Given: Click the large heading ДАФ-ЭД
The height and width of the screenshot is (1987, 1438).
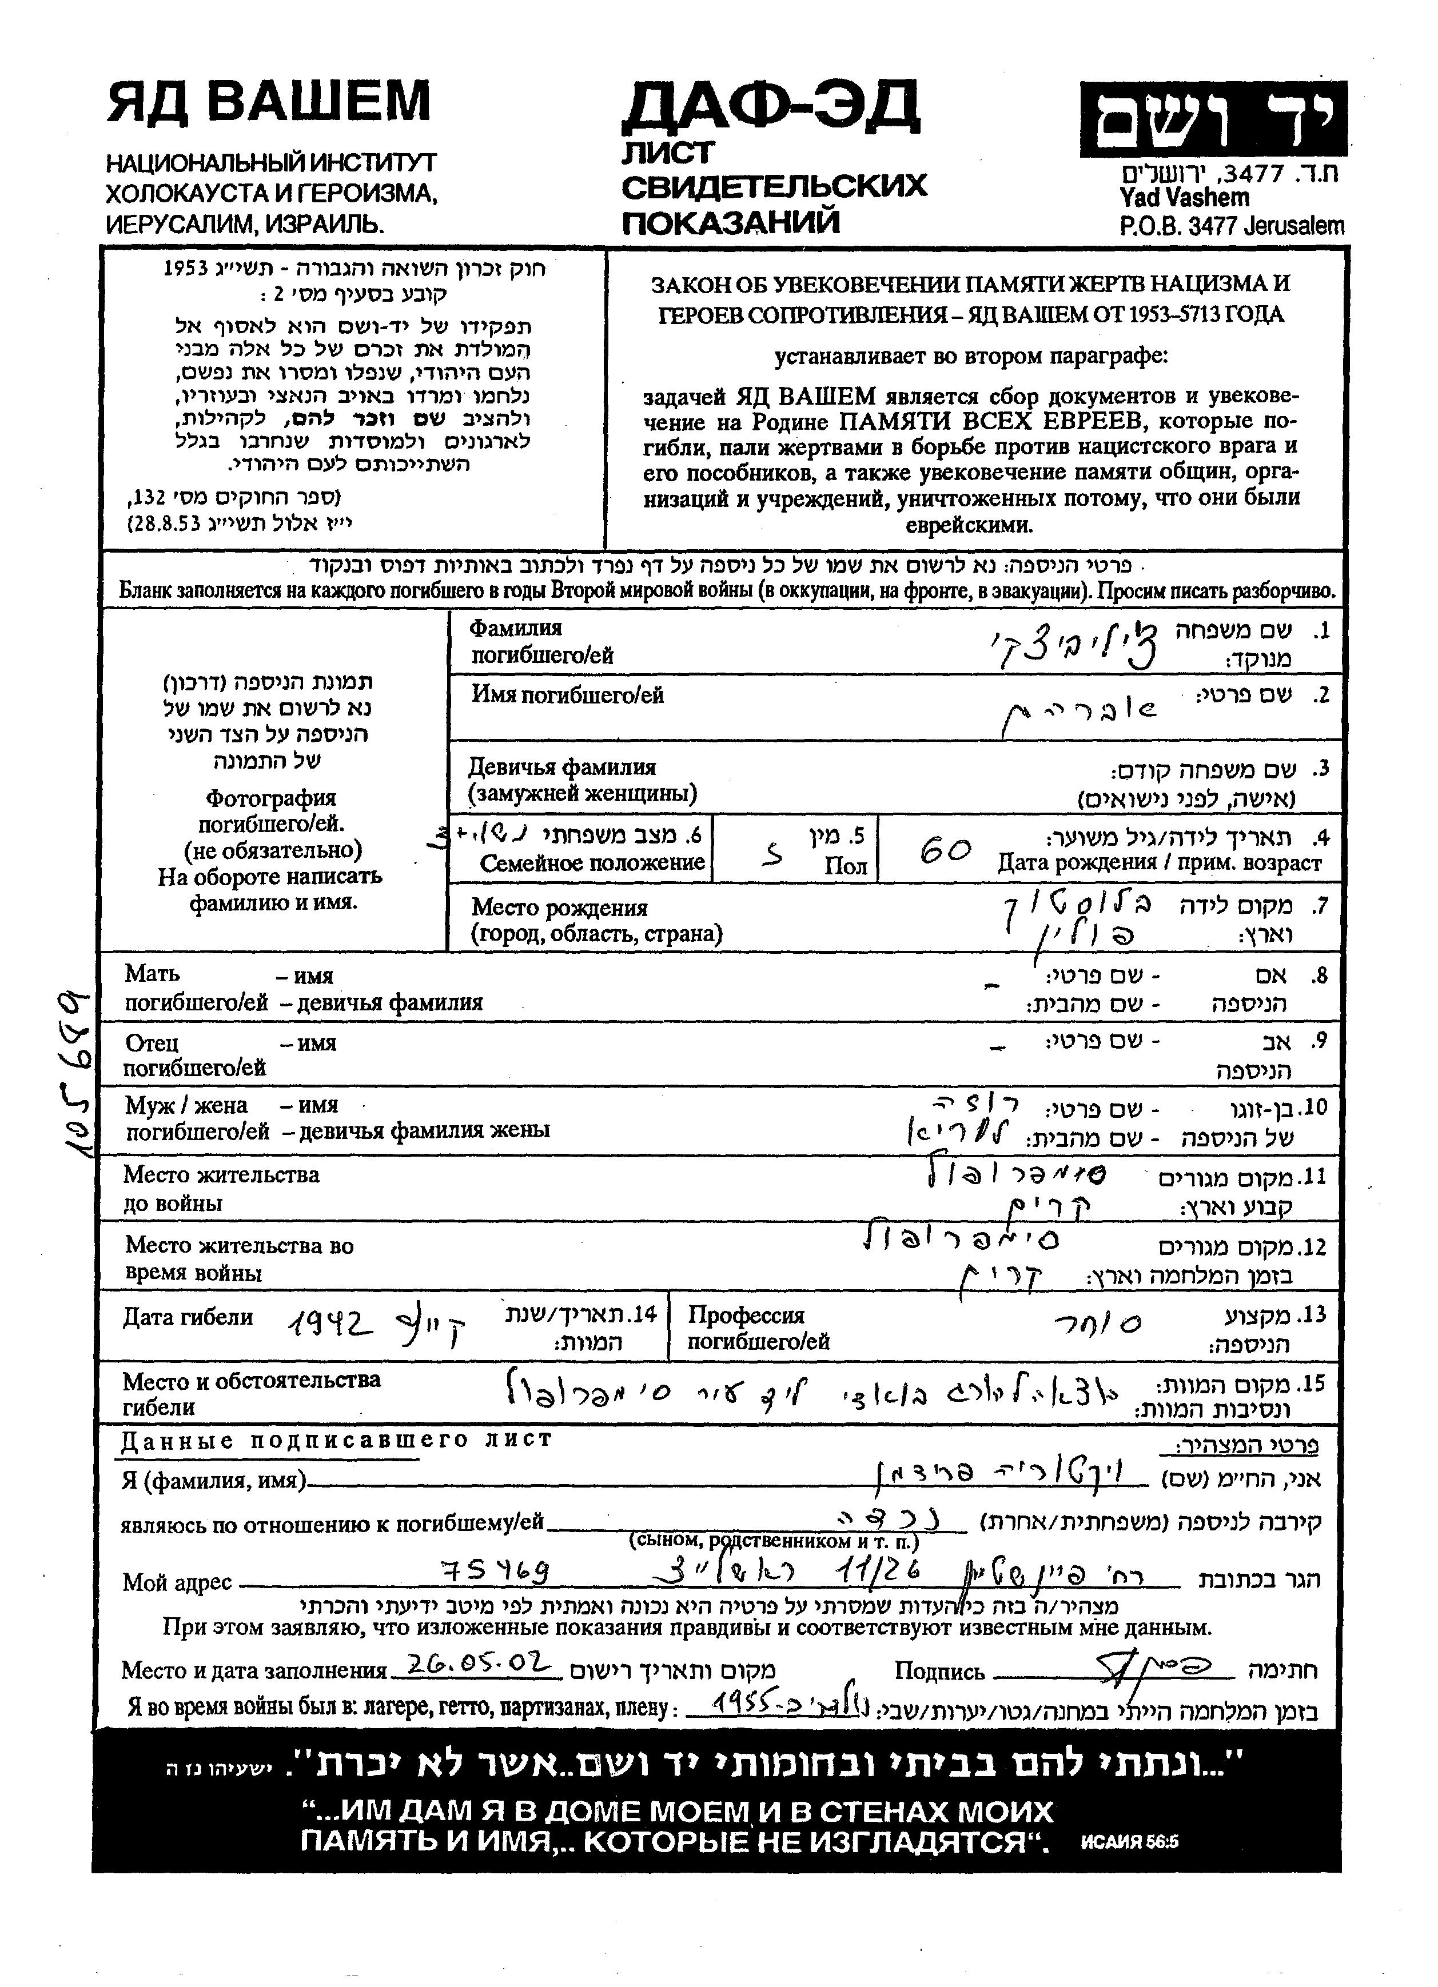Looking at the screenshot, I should (771, 114).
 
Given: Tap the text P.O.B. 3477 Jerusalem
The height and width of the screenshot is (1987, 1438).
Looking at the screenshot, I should (1231, 226).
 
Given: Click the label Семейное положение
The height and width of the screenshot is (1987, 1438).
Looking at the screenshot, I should (592, 863).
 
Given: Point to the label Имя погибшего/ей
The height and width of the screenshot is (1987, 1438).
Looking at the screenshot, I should (568, 695).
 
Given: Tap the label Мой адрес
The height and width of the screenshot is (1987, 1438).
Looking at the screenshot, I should (177, 1582).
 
